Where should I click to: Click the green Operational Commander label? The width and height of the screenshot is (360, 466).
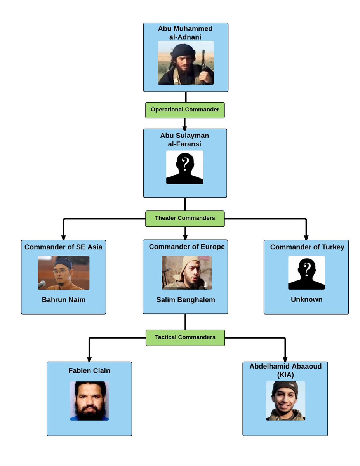click(185, 110)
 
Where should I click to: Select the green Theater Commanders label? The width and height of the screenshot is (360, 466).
click(185, 218)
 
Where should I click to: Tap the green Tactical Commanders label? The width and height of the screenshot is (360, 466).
click(185, 337)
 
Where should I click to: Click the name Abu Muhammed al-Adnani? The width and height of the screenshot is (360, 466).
click(185, 33)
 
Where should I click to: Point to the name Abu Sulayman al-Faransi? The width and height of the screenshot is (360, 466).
click(185, 140)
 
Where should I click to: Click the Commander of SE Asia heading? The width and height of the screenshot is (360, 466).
click(63, 247)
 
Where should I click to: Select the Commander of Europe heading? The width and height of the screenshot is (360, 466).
click(187, 247)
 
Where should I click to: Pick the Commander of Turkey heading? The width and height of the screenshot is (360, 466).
click(307, 247)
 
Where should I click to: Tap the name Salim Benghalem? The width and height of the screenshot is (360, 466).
click(186, 300)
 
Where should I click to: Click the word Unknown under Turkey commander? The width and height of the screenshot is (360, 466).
click(306, 300)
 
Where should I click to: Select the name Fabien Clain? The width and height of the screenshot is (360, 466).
click(89, 371)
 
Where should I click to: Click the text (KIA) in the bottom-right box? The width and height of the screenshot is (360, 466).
click(285, 375)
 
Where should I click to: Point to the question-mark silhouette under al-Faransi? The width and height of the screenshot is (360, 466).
click(185, 167)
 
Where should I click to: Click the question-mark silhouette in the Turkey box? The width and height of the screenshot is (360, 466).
click(306, 273)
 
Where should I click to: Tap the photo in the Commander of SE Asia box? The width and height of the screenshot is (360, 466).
click(64, 273)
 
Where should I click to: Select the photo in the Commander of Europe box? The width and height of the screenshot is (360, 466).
click(187, 273)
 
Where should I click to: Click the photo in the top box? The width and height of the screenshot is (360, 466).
click(186, 63)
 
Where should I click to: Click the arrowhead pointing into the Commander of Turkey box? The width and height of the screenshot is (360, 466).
click(306, 237)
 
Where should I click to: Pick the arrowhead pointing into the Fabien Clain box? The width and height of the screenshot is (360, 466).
click(89, 359)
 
